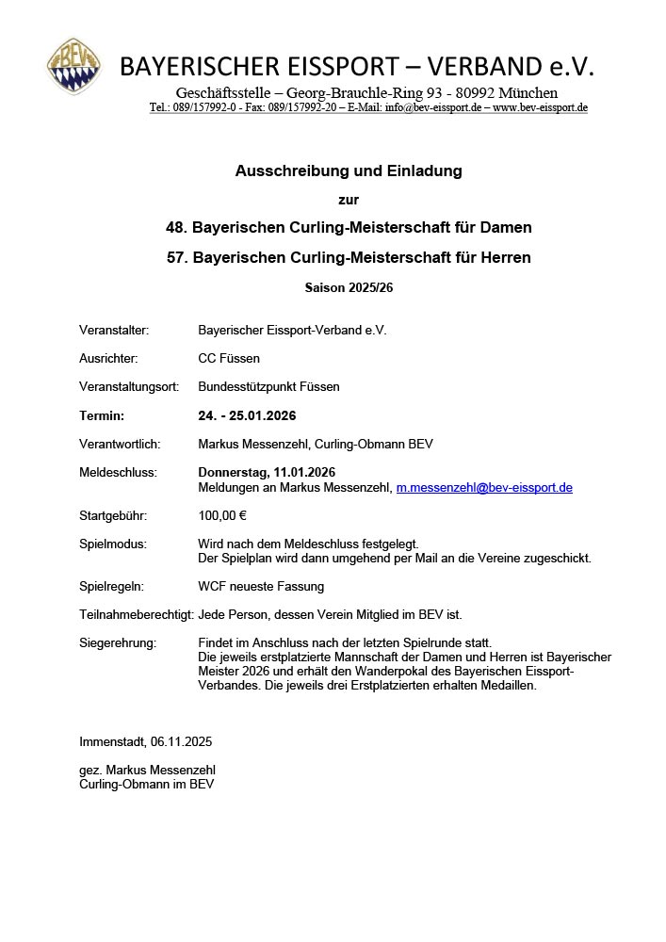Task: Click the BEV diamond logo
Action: point(75,66)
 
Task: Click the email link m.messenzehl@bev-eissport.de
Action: point(484,488)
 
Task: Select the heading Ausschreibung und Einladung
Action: point(349,171)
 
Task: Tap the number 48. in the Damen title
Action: point(176,228)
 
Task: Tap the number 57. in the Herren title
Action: point(176,257)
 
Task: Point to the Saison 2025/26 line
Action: point(349,287)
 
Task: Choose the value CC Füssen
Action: point(229,359)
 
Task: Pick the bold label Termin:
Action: point(102,415)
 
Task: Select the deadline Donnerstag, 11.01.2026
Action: point(267,472)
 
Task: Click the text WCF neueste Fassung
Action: point(261,587)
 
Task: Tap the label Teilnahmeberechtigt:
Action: point(136,615)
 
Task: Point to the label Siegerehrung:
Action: point(118,643)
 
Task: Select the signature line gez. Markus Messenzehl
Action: point(147,771)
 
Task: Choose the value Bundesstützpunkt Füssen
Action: point(268,387)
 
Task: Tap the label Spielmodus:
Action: point(112,544)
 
